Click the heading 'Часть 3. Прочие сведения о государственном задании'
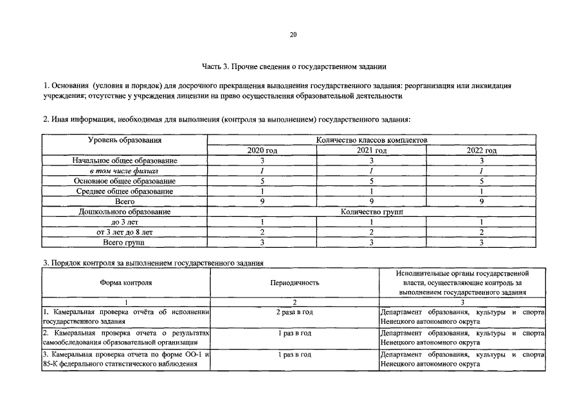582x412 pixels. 294,66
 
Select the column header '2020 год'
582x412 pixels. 262,150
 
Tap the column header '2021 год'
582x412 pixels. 372,150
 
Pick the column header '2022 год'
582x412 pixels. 481,150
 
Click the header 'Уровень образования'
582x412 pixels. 124,140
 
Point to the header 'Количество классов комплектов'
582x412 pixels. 372,140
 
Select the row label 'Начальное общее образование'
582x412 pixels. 124,160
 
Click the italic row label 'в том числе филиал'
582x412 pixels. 124,171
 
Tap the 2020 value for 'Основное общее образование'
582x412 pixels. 262,181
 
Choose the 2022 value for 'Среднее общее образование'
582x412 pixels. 481,191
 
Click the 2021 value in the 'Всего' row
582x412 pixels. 372,201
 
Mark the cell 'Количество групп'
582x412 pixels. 372,212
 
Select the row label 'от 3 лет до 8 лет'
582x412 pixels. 124,232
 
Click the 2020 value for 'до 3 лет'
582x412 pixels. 262,222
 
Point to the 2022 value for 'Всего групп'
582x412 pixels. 481,242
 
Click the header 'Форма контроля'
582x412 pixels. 126,283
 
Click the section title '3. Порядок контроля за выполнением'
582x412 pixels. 152,263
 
